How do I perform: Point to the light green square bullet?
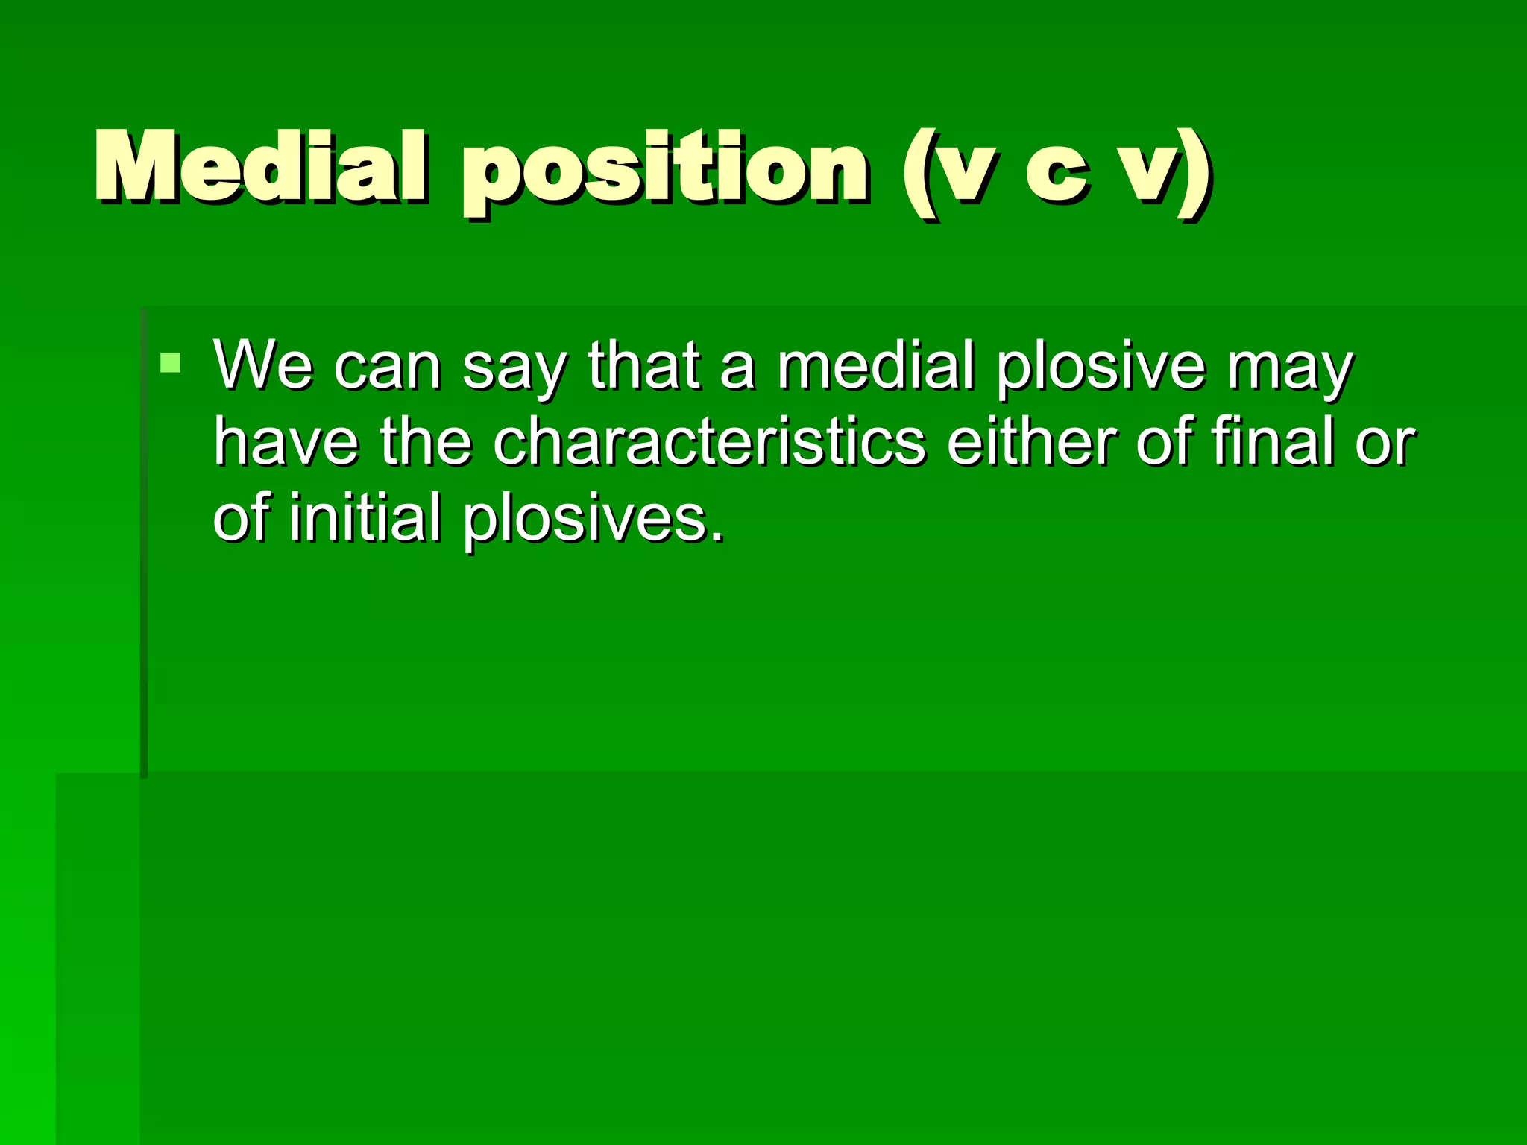pos(171,363)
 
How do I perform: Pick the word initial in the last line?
pos(365,518)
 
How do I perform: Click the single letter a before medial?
pos(737,369)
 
